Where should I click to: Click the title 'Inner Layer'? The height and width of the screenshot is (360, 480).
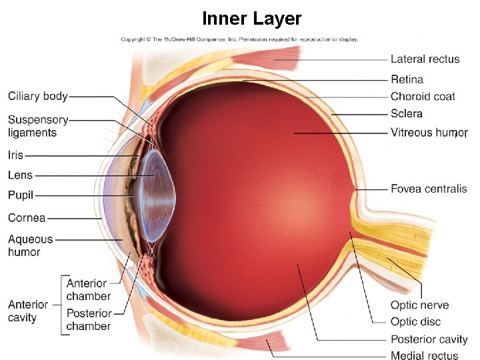coord(252,19)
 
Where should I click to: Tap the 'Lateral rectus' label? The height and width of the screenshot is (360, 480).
coord(425,59)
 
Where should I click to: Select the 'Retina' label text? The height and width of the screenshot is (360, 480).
coord(407,79)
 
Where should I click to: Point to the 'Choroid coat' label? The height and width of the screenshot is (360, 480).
coord(423,97)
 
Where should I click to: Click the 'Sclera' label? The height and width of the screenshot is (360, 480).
coord(407,114)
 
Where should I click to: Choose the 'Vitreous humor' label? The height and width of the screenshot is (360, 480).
coord(429,133)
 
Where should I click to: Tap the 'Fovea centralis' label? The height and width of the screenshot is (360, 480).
coord(429,189)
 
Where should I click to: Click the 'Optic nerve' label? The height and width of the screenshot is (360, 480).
coord(419,305)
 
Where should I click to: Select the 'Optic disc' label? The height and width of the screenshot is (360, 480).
coord(415,322)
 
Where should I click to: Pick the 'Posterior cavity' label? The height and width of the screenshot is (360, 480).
coord(429,339)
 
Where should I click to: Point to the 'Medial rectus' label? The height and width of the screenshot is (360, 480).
coord(425,355)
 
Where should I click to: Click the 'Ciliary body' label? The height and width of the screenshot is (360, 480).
coord(38,96)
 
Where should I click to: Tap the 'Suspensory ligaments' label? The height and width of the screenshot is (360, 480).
coord(38,126)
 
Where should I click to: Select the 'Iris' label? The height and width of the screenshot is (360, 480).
coord(15,155)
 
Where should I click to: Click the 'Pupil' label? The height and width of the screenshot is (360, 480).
coord(21,195)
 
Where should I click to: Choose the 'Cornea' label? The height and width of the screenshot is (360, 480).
coord(27,217)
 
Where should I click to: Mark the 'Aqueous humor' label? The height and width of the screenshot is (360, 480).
coord(30,245)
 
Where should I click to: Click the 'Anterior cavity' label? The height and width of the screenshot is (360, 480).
coord(27,311)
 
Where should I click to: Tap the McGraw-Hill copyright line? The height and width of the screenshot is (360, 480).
coord(239,39)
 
